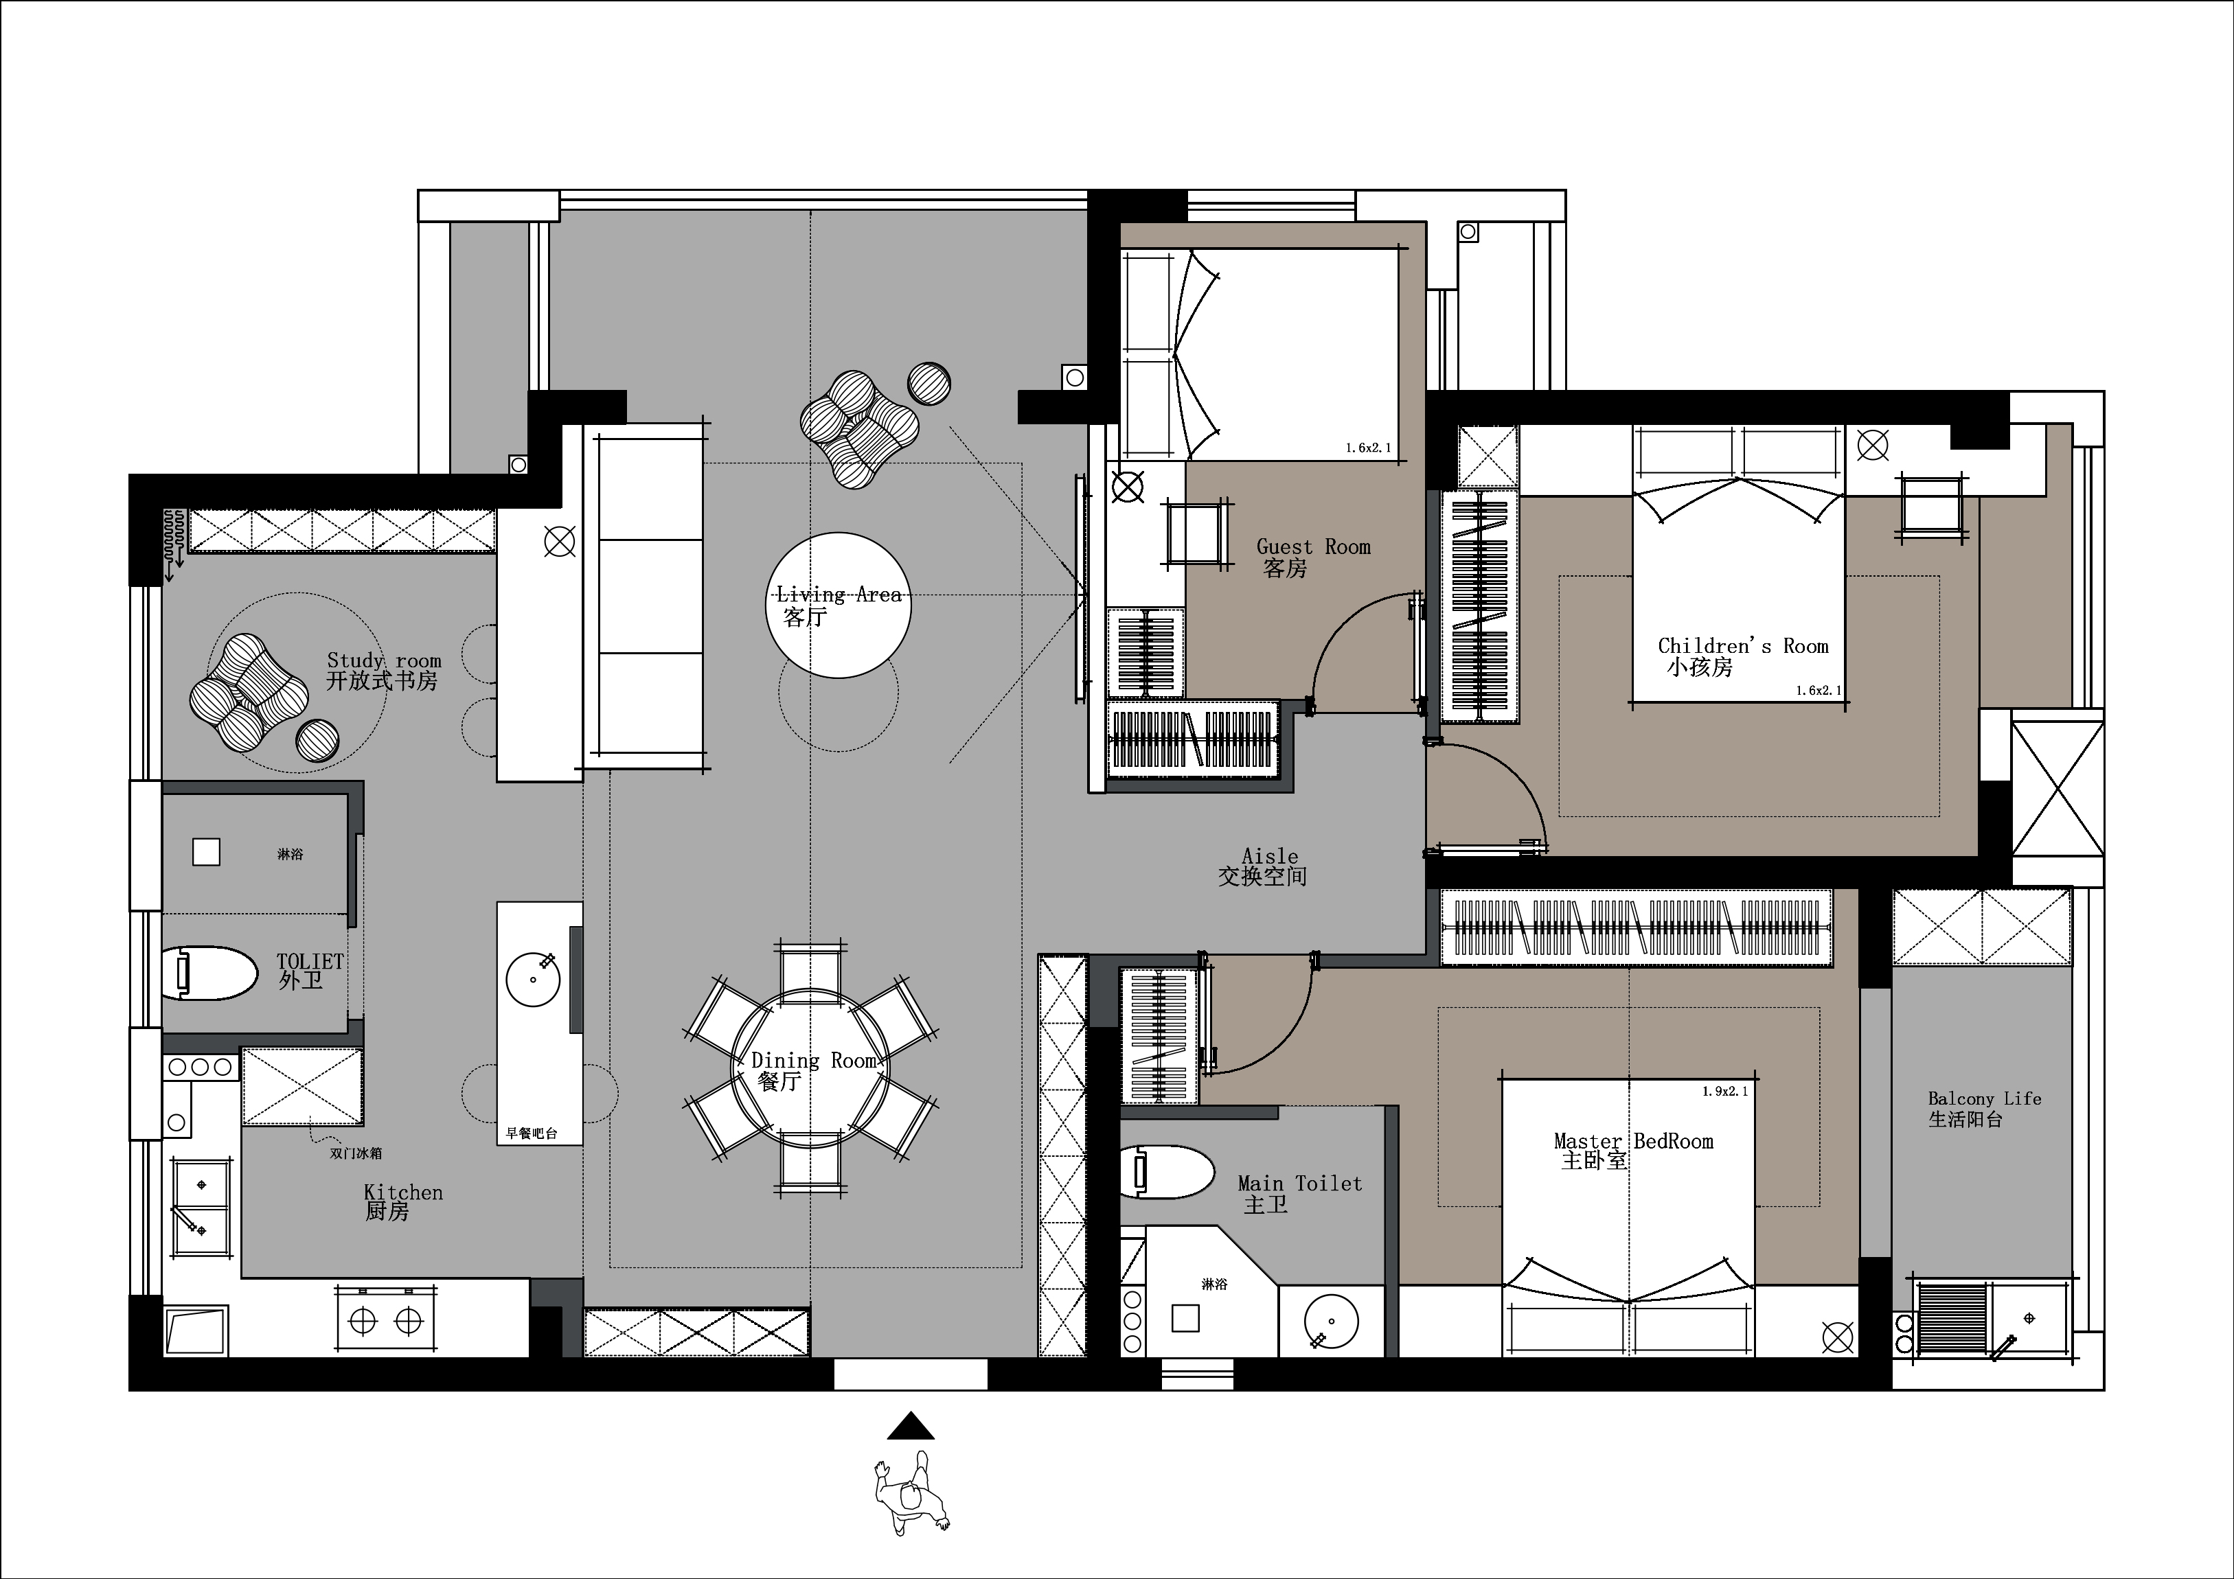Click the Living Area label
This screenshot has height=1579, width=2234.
[x=839, y=593]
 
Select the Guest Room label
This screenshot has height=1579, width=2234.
[x=1314, y=546]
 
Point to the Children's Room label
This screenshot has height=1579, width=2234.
[x=1744, y=646]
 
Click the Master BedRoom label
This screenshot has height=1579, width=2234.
[x=1634, y=1141]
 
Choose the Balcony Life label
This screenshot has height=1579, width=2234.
[x=1985, y=1098]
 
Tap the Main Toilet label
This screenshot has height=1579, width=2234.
[x=1300, y=1183]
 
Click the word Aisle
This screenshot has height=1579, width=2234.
[x=1270, y=856]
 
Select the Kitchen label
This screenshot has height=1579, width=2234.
[x=403, y=1192]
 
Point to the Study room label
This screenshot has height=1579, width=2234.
[x=385, y=660]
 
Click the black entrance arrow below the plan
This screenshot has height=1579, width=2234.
[x=911, y=1427]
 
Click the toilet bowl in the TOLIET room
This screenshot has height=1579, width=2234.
[x=208, y=973]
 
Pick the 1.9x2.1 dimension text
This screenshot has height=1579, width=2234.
[x=1725, y=1092]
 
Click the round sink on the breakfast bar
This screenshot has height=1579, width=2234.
[x=533, y=979]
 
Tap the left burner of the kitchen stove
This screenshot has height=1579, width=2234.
[x=363, y=1321]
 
